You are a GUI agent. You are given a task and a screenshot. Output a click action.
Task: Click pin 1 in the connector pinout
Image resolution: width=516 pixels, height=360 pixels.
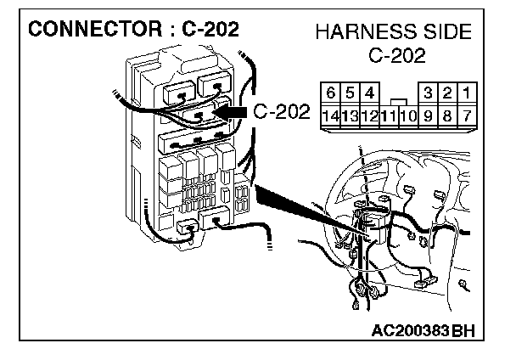pos(468,92)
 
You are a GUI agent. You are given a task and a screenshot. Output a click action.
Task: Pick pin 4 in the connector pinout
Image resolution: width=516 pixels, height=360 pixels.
pos(370,92)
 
